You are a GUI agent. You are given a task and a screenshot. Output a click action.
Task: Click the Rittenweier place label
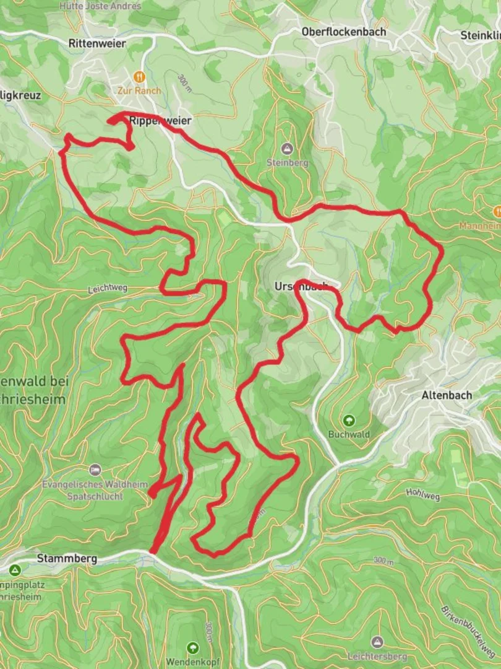(98, 43)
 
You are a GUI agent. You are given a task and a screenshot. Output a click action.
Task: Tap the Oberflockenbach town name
(344, 31)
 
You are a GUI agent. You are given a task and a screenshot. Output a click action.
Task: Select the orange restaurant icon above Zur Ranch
(139, 77)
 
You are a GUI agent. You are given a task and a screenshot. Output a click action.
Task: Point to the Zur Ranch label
(139, 90)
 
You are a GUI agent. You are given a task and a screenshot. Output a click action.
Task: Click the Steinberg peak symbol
(287, 149)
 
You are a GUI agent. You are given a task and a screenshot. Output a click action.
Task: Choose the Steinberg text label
(287, 163)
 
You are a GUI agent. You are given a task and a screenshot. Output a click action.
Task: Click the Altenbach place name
(447, 395)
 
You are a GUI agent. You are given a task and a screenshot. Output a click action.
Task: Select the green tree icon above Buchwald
(349, 420)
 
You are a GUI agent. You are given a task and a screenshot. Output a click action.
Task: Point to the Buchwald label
(349, 434)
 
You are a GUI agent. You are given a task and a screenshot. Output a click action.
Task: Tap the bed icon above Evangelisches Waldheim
(95, 469)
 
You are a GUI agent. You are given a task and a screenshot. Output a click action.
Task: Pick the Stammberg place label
(67, 558)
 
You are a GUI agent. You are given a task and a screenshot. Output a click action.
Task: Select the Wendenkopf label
(193, 661)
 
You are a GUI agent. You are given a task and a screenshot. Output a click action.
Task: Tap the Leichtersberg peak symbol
(377, 642)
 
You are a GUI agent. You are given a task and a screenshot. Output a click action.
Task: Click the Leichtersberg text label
(377, 656)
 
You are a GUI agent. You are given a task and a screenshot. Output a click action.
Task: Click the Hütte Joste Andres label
(100, 6)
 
